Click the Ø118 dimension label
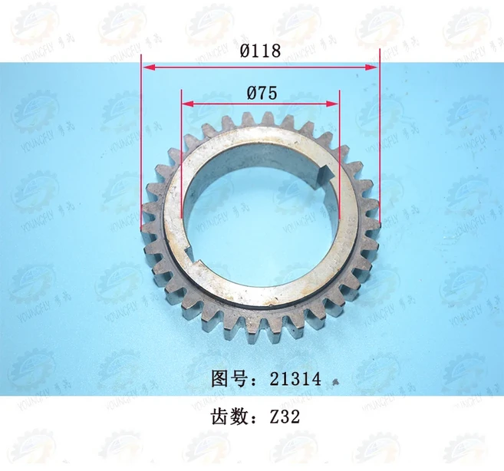260,51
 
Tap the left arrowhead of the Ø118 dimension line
147,68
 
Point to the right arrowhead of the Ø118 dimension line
374,68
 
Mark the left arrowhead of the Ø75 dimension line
186,104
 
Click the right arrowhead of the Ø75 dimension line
334,104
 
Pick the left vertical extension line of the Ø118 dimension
142,153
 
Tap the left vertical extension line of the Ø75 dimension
182,169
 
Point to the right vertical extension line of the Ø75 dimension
339,169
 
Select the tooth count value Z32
285,420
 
